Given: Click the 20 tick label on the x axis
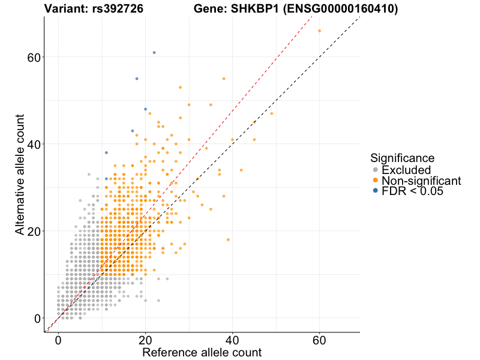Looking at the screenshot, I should [145, 340].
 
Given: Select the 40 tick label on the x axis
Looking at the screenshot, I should [232, 340].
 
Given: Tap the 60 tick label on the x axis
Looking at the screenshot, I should [319, 340].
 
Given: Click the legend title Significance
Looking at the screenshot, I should [402, 158].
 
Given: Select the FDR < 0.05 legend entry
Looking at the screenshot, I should [416, 191].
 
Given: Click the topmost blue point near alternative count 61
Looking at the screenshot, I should [154, 53].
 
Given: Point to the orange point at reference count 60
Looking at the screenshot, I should [319, 31].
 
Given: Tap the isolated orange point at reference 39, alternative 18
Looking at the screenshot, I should [228, 239].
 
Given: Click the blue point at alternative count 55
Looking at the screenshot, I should [137, 79].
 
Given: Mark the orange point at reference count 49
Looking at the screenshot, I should [272, 113].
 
